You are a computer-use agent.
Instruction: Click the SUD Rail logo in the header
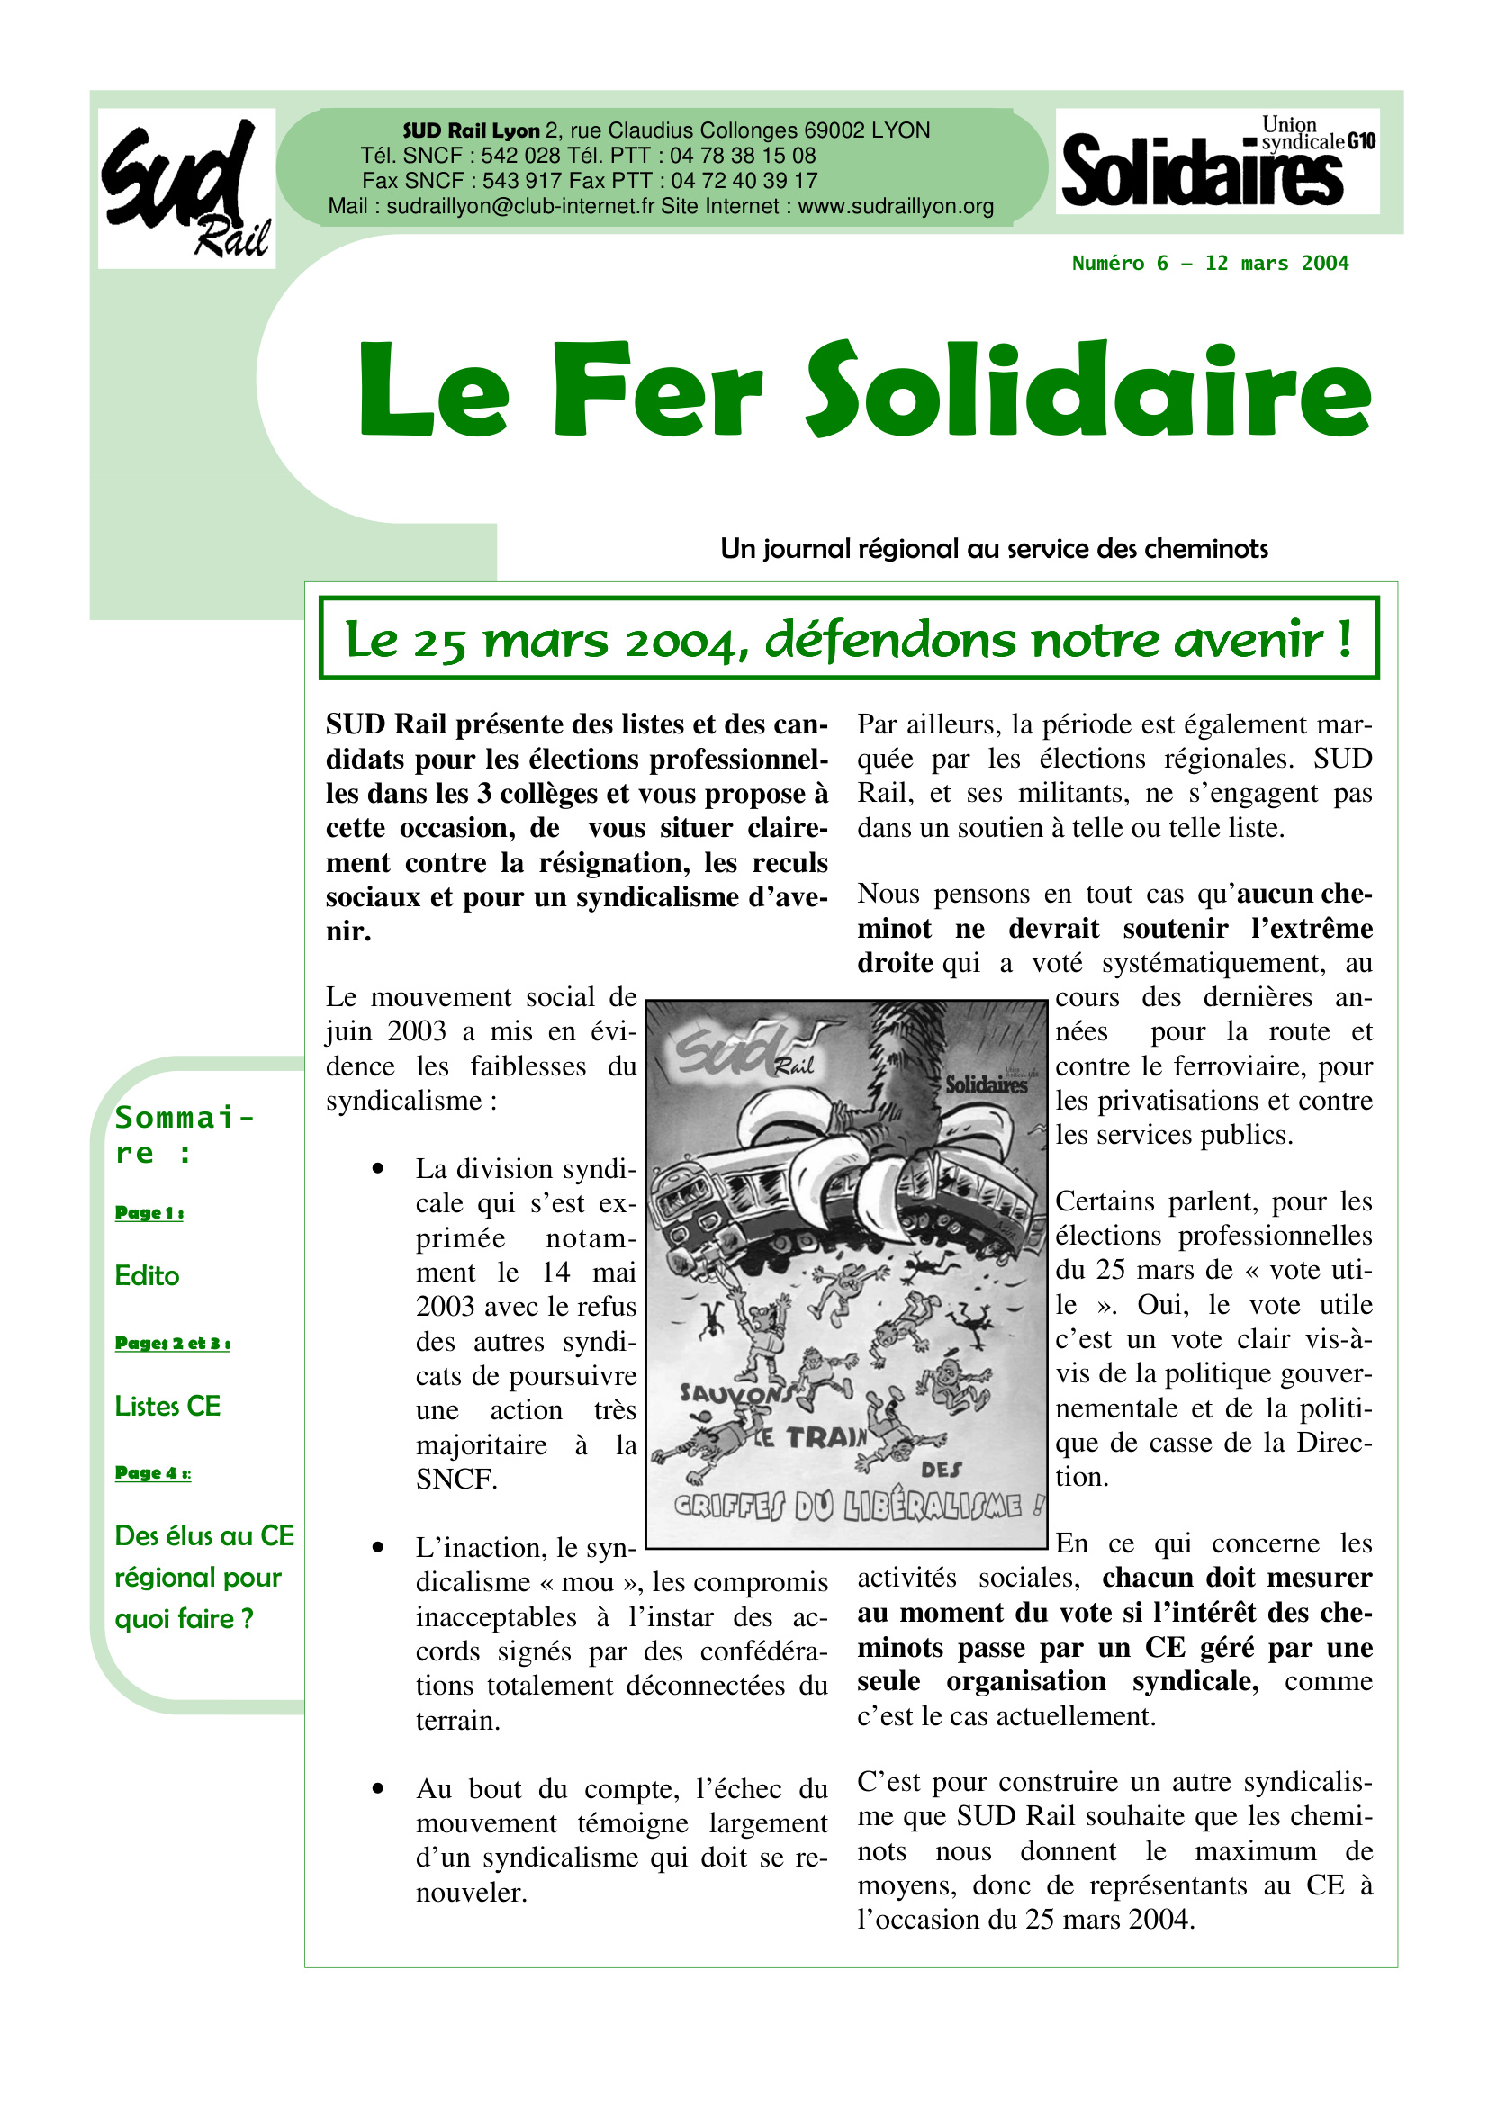pos(186,188)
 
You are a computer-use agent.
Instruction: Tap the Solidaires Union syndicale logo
pos(1217,161)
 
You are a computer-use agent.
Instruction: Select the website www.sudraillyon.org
pos(896,206)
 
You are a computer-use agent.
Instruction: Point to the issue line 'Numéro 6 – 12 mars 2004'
pos(1209,264)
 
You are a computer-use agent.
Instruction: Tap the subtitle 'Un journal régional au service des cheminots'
pos(994,548)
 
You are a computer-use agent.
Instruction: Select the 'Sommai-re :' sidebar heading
pos(184,1134)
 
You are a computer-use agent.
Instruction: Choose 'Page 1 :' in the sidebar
pos(149,1212)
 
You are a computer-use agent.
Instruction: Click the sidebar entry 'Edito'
pos(147,1275)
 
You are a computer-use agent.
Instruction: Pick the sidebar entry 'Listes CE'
pos(167,1406)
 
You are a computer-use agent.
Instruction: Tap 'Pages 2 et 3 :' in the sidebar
pos(172,1342)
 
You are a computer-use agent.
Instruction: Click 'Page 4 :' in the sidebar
pos(152,1472)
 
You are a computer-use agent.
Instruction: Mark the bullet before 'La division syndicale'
pos(377,1168)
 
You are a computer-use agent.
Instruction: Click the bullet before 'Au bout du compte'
pos(377,1789)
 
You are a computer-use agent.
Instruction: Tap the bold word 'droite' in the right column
pos(895,963)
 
